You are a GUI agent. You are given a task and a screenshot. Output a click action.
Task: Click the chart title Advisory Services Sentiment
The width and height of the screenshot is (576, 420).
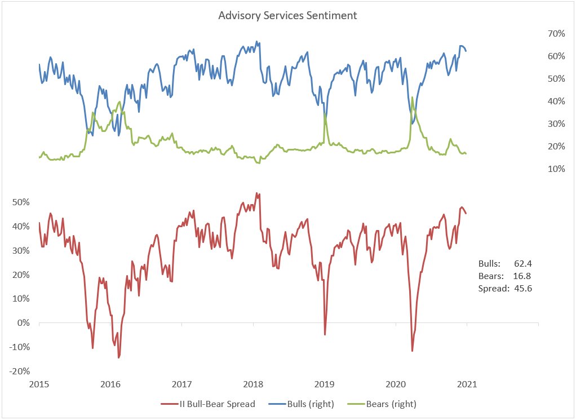(x=287, y=15)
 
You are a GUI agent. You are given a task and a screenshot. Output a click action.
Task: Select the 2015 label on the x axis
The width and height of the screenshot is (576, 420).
(x=39, y=384)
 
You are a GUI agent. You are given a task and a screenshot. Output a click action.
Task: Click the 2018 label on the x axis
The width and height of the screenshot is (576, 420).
(x=253, y=384)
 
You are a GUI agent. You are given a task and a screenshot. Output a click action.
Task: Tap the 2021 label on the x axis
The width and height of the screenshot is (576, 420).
(x=467, y=384)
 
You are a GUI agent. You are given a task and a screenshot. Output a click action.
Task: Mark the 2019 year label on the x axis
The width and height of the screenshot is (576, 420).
(x=324, y=384)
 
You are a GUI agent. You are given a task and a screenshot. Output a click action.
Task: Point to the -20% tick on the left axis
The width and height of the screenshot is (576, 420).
(x=19, y=371)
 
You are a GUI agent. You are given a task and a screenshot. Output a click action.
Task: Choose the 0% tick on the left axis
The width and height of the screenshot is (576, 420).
(x=22, y=323)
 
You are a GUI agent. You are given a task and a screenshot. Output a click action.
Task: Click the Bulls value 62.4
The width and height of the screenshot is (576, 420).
(x=523, y=263)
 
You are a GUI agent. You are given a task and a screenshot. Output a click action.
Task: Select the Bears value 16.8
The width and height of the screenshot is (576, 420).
(x=523, y=276)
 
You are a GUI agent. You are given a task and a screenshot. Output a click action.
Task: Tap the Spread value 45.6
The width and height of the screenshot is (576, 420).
(x=523, y=288)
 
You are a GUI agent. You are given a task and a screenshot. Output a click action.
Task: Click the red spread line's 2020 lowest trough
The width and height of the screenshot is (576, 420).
(x=412, y=351)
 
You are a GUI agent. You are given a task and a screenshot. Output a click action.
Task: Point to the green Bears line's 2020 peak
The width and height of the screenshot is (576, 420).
(x=412, y=97)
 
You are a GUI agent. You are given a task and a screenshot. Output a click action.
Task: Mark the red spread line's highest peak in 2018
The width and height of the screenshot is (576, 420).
(x=256, y=193)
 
